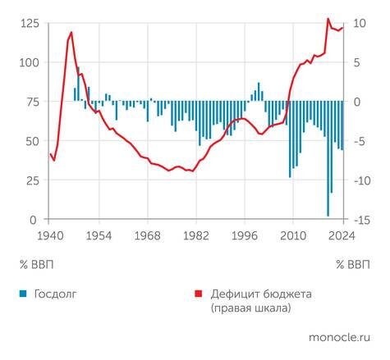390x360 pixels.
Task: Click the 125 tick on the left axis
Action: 26,23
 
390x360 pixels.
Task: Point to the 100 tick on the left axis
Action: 26,62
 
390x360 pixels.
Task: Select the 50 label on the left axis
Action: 30,141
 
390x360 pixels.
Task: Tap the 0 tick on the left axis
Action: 33,220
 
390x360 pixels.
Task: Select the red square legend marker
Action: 197,294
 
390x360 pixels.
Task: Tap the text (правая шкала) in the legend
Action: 250,308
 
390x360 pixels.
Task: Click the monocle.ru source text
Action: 340,337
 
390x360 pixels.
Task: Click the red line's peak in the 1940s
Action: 71,33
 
